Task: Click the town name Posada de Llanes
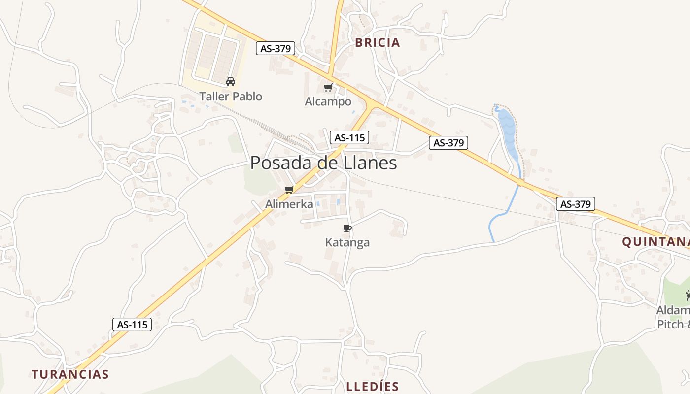[323, 163]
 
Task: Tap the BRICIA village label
[378, 43]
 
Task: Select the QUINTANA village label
[655, 242]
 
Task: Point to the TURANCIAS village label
[70, 374]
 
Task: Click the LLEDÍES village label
[372, 387]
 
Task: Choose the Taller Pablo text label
[231, 96]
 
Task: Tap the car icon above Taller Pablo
[231, 82]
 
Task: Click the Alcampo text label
[328, 101]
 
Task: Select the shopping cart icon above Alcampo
[328, 88]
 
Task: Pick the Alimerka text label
[289, 204]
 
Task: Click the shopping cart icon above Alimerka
[289, 190]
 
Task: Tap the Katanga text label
[347, 242]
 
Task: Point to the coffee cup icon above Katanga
[347, 228]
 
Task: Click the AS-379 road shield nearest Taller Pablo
[276, 48]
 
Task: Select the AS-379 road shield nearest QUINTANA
[576, 204]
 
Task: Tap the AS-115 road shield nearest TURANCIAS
[132, 325]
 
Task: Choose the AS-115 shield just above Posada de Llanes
[349, 138]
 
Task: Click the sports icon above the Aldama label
[688, 295]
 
